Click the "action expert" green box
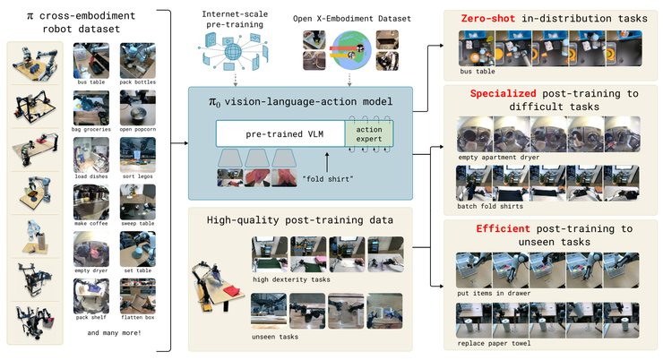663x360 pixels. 369,134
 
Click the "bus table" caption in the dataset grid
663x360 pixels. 90,81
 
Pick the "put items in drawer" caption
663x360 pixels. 495,293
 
